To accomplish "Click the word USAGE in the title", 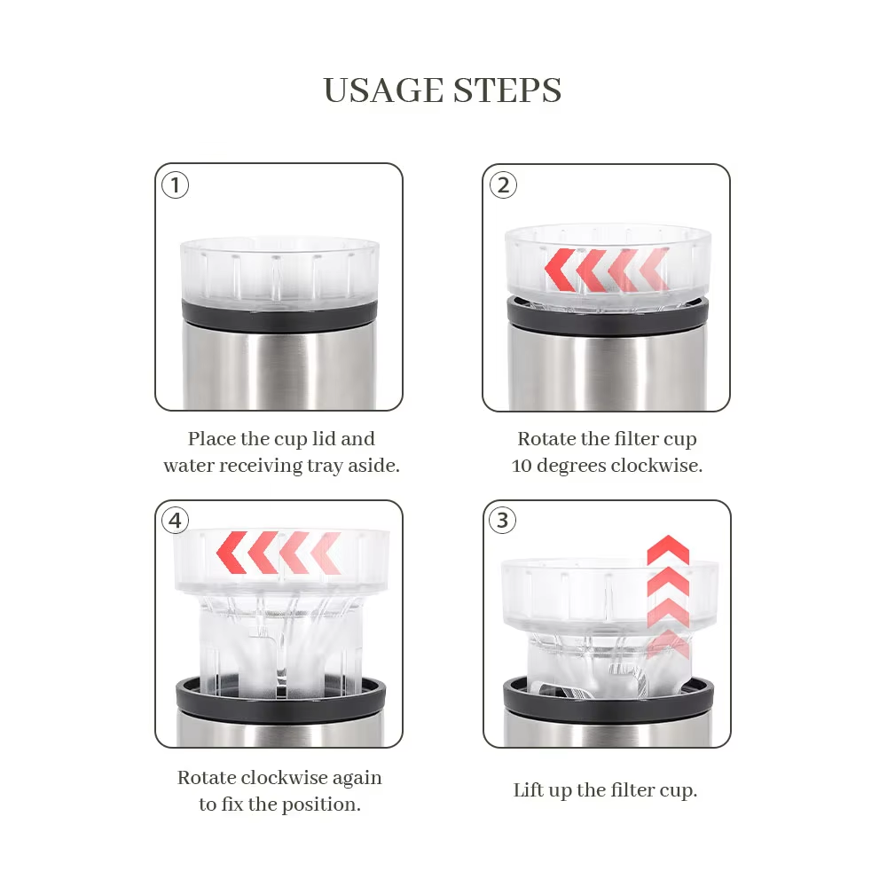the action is click(383, 90).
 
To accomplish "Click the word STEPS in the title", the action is click(507, 90).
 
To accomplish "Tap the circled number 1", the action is click(175, 185).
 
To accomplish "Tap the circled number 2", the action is click(503, 185).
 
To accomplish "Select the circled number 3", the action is click(502, 520).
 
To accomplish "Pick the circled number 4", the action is click(175, 520).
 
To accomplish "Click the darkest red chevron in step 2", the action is click(559, 270).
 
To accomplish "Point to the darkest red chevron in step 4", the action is click(232, 553).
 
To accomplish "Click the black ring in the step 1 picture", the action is click(279, 317).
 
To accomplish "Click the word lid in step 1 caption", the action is click(324, 438).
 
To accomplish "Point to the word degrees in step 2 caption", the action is click(571, 467).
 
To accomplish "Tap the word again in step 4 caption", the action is click(357, 779).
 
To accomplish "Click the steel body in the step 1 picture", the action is click(279, 371).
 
